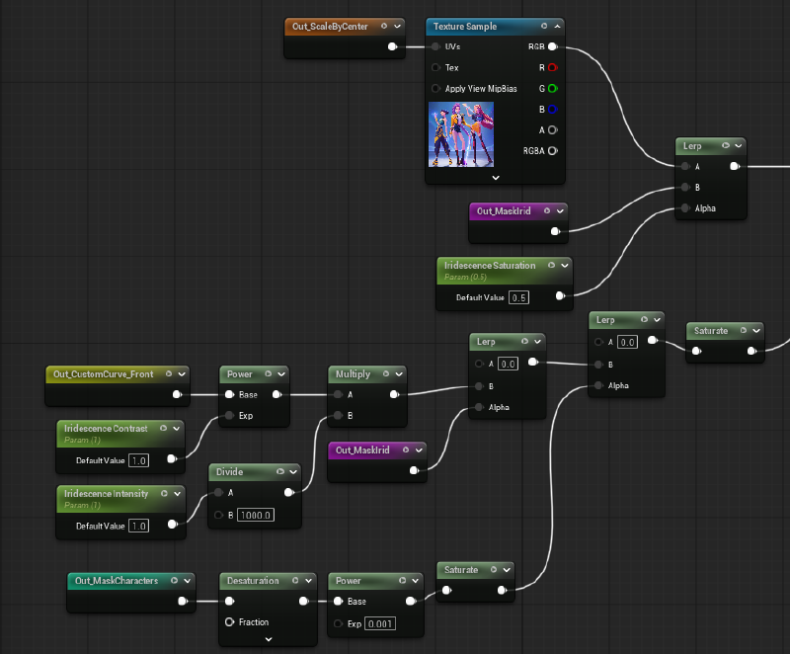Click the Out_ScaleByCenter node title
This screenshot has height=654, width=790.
pos(330,27)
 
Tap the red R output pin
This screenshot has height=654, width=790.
pos(552,68)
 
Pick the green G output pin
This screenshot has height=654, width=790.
pos(552,89)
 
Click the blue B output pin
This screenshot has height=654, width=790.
pos(552,110)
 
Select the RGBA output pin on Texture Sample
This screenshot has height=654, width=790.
pos(552,151)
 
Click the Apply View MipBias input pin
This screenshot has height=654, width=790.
pos(435,89)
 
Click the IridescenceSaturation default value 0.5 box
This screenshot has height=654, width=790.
pos(519,297)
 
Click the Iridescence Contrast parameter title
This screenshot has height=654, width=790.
pos(106,429)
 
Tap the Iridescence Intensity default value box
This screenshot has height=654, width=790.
pos(137,526)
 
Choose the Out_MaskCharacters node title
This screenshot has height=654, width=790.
pos(115,581)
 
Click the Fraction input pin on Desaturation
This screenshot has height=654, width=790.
pos(230,622)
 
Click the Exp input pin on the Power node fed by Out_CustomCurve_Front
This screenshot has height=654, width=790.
pos(230,416)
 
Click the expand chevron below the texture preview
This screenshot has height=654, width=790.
pos(496,178)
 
